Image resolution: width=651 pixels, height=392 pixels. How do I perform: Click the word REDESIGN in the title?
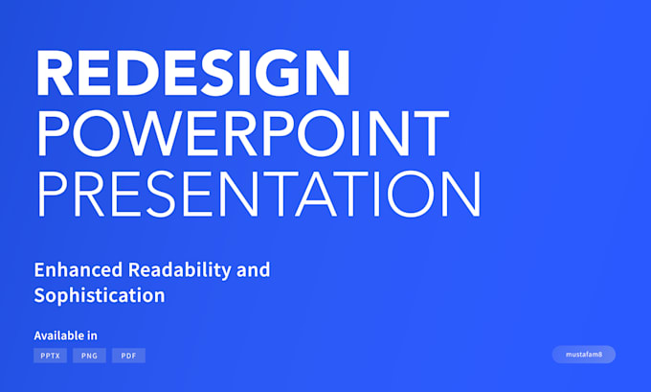click(x=192, y=74)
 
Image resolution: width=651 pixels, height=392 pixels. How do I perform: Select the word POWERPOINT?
click(x=242, y=133)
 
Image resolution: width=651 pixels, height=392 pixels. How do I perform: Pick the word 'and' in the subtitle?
click(x=254, y=269)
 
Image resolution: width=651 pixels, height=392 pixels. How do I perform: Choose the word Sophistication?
click(x=100, y=295)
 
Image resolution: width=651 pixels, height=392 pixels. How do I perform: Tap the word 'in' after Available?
click(x=93, y=335)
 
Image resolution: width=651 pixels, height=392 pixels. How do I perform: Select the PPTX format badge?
click(x=50, y=356)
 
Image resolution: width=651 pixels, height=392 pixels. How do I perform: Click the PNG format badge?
click(x=89, y=356)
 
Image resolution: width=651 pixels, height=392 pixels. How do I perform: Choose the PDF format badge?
click(x=128, y=356)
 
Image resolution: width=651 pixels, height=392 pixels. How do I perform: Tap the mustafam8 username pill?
click(x=583, y=355)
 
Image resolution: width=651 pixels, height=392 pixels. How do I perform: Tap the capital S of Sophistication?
click(x=39, y=295)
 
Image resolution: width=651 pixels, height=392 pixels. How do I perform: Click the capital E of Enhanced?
click(x=39, y=269)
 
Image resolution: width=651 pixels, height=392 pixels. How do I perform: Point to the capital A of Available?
click(x=38, y=335)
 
